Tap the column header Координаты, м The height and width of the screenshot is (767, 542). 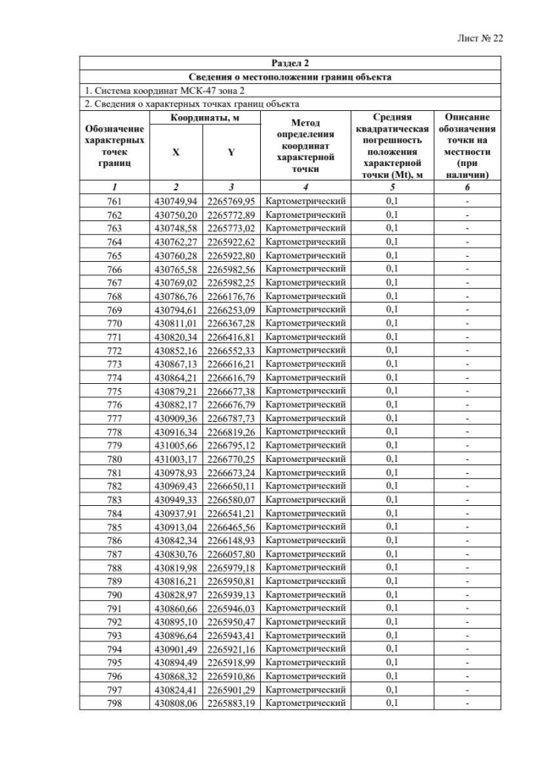[x=203, y=118]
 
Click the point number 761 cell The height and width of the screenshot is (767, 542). [x=114, y=201]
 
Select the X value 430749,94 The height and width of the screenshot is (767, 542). [x=175, y=201]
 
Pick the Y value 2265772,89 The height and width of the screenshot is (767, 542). [x=231, y=214]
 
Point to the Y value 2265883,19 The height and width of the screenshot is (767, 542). [x=231, y=703]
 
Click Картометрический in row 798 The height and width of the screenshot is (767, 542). [x=305, y=703]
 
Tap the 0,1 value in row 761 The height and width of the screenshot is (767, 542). [x=391, y=201]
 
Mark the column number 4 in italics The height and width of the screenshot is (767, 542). [x=305, y=186]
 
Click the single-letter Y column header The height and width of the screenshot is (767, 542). [x=231, y=153]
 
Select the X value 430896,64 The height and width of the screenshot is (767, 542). [x=175, y=635]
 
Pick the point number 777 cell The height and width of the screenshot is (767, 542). [x=114, y=418]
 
